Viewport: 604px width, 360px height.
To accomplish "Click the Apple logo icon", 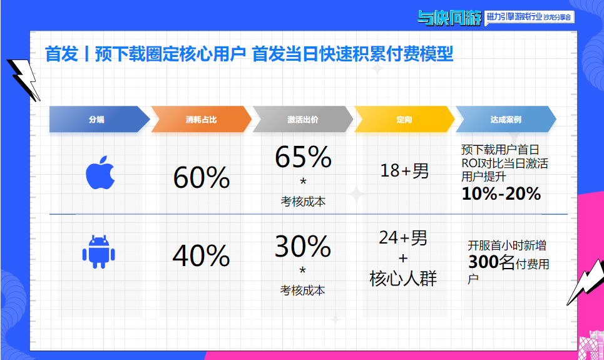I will click(100, 173).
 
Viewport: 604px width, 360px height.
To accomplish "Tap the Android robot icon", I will click(99, 252).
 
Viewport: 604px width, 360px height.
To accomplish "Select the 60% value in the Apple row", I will click(201, 178).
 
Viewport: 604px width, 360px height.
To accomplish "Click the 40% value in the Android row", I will click(201, 255).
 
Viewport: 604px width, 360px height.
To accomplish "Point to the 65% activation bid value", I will click(303, 158).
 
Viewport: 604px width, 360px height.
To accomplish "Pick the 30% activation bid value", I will click(303, 247).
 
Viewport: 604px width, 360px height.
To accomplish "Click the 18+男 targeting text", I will click(404, 170).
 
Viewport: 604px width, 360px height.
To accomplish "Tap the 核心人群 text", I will click(404, 279).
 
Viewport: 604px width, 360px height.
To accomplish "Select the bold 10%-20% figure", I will click(501, 194).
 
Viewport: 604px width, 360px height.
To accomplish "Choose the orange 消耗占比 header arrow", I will click(201, 120).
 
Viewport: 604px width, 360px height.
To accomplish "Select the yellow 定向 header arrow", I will click(404, 120).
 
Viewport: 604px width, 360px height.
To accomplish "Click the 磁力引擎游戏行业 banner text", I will click(513, 19).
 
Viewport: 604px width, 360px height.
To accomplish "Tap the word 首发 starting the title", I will click(61, 54).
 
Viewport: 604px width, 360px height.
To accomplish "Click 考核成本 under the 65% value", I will click(303, 202).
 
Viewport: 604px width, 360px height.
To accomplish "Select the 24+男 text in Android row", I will click(404, 239).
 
